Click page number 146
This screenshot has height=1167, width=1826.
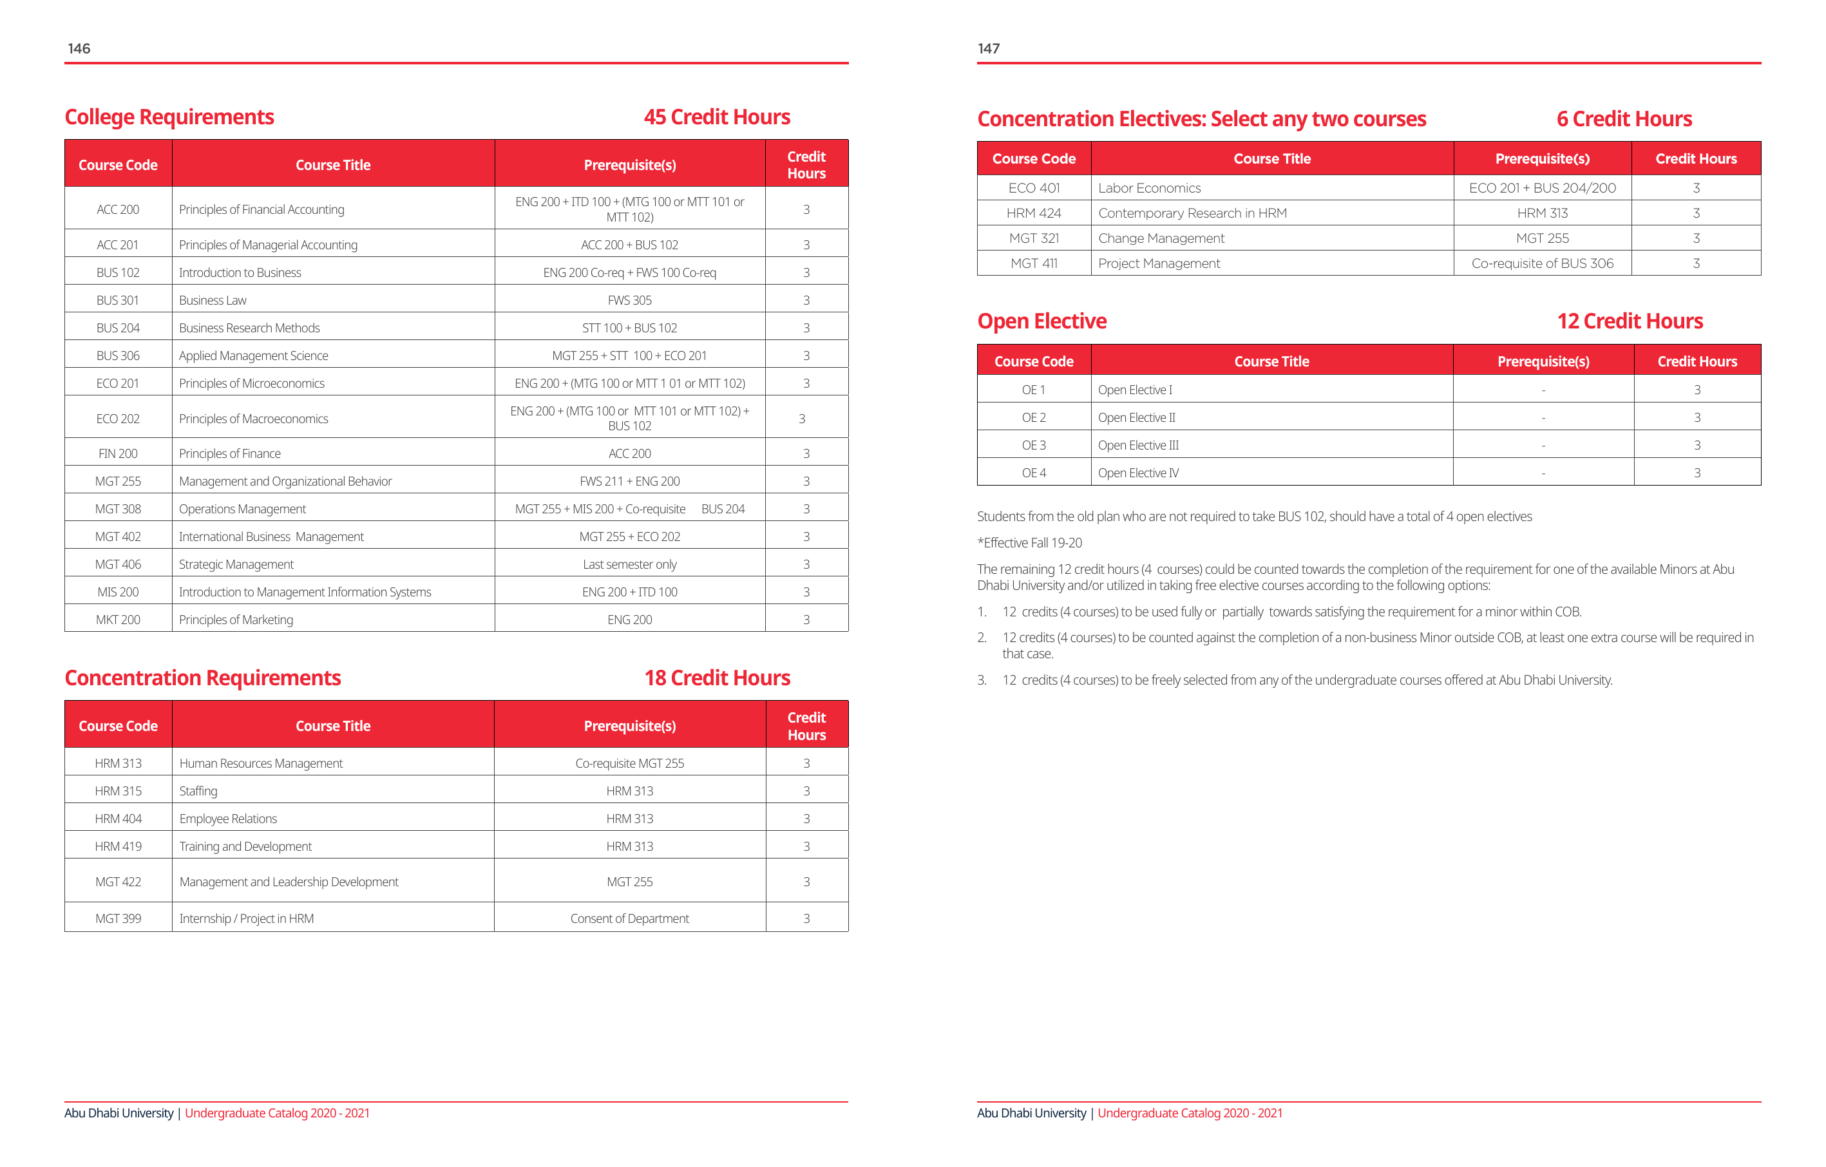coord(79,48)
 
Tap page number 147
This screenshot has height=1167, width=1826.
coord(988,48)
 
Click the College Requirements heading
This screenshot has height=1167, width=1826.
coord(169,117)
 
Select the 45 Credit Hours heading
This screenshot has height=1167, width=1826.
coord(717,117)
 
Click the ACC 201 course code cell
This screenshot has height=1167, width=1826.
coord(117,245)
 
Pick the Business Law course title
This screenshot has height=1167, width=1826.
coord(213,300)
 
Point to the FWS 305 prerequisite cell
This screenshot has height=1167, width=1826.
coord(629,300)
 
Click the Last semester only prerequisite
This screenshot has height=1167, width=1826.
coord(629,564)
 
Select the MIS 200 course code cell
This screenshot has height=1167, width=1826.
coord(117,593)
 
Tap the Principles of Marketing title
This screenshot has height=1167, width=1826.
coord(236,620)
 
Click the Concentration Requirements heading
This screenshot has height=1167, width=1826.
coord(202,678)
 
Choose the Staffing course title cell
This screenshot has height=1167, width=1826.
coord(198,791)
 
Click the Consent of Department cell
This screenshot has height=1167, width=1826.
coord(629,918)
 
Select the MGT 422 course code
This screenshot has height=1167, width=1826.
coord(117,882)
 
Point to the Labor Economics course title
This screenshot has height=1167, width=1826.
coord(1149,188)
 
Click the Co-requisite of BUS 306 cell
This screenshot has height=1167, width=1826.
coord(1543,263)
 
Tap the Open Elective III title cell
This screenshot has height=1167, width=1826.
coord(1138,445)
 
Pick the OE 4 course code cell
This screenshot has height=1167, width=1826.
coord(1034,473)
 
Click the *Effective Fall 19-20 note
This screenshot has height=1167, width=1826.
coord(1029,543)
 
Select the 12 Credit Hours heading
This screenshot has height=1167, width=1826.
coord(1630,321)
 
